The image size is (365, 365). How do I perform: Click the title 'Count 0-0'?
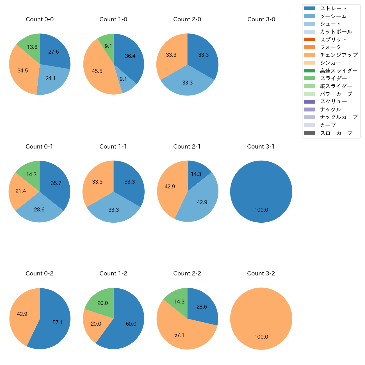(40, 19)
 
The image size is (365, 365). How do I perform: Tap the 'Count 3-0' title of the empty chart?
(261, 19)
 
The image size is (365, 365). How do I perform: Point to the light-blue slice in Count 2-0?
(187, 83)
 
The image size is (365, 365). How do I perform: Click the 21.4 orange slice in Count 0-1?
(21, 191)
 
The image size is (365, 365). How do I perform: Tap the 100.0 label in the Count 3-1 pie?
(261, 210)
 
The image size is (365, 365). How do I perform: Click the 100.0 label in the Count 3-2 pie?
(261, 337)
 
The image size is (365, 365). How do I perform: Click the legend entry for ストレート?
(333, 8)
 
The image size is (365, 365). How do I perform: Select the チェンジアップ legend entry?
(339, 55)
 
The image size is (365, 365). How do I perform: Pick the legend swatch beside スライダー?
(310, 78)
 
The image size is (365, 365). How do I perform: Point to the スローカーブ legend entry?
(336, 133)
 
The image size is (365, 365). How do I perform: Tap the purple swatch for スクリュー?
(310, 102)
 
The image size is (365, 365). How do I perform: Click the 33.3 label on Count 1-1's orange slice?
(97, 182)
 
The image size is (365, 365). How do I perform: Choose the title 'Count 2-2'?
(187, 273)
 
